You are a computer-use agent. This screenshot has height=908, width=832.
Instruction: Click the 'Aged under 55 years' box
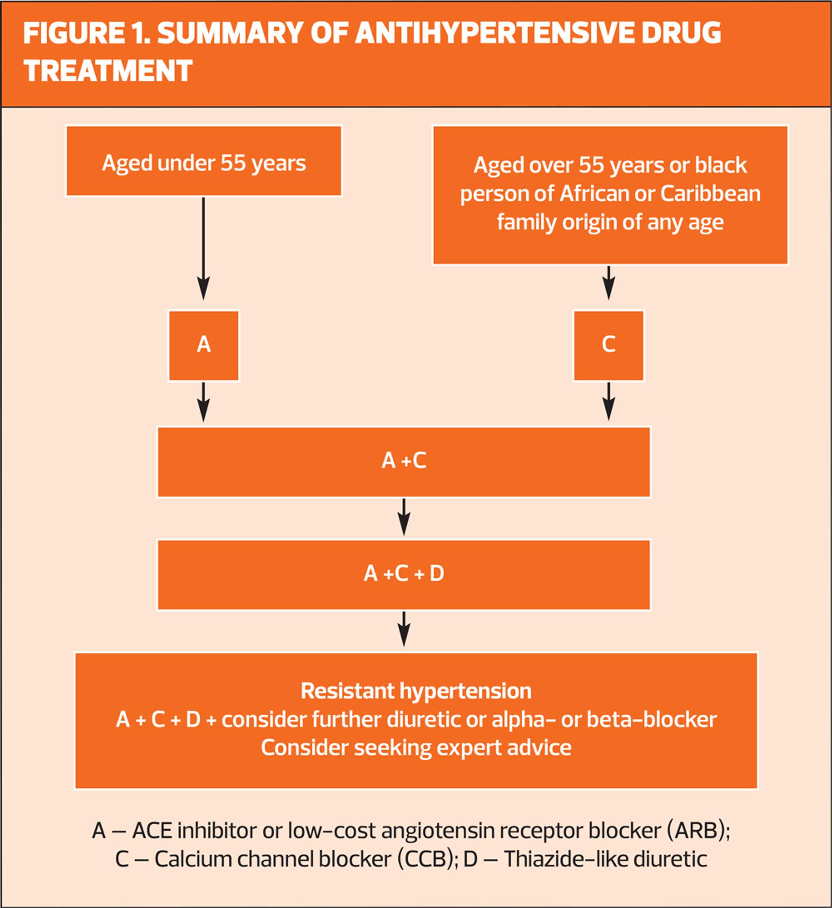[204, 161]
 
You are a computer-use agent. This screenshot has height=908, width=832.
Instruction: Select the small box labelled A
[204, 346]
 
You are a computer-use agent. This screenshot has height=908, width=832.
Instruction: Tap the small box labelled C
[608, 346]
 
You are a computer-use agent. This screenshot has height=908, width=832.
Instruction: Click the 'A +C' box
[404, 462]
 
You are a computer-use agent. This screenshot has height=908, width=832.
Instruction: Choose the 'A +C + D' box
[404, 574]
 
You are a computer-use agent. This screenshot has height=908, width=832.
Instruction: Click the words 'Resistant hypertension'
[416, 691]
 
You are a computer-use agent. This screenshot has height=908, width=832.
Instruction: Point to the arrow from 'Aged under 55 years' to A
[204, 248]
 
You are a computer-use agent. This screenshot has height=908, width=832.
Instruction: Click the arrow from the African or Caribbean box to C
[609, 282]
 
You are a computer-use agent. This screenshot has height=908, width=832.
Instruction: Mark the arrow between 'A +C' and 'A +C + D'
[404, 517]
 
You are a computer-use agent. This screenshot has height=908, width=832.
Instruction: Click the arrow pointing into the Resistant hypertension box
[404, 629]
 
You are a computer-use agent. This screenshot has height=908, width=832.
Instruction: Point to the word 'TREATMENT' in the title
[107, 71]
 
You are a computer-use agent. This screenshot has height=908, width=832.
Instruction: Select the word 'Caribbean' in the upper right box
[710, 194]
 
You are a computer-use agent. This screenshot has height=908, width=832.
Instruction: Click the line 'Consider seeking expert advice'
[416, 747]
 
